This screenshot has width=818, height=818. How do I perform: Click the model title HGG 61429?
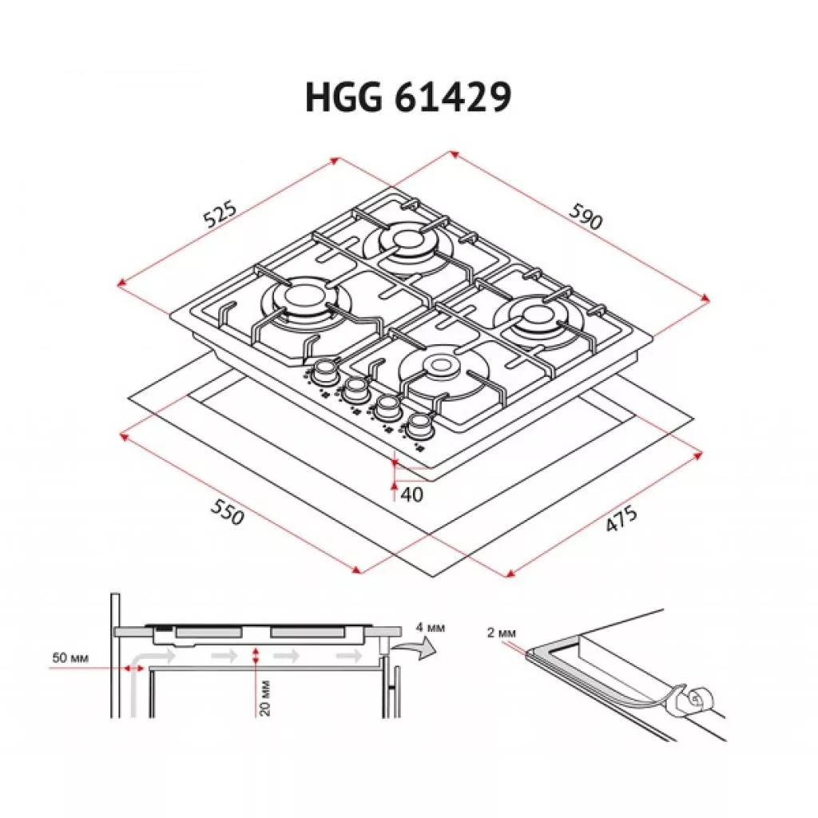408,97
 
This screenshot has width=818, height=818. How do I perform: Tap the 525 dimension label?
220,212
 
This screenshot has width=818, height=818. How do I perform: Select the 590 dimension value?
586,216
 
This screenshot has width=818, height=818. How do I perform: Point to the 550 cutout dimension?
228,511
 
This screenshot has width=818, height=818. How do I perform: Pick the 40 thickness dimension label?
412,494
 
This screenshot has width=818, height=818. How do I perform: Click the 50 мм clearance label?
70,658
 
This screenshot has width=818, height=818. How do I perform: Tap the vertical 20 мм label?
265,697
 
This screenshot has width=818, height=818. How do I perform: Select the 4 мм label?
431,628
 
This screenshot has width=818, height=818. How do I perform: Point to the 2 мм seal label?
502,633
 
